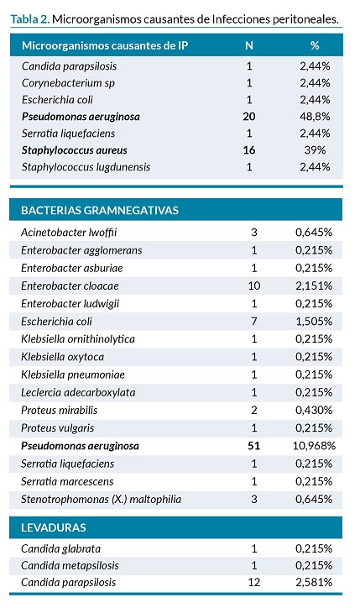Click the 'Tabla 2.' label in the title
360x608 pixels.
30,19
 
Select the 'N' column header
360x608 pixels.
249,45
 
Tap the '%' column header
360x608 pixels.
315,45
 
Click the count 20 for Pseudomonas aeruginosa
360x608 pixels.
249,117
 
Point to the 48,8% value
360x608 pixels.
315,117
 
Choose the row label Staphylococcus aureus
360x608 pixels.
75,150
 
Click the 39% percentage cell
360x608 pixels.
315,150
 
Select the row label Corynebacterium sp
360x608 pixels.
68,83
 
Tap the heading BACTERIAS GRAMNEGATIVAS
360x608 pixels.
100,210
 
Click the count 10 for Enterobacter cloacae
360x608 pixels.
254,286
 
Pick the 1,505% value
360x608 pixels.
314,322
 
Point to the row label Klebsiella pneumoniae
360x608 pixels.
73,375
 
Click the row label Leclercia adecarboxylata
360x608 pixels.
78,392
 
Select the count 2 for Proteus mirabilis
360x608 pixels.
254,411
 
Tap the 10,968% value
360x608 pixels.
314,446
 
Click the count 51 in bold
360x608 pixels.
253,446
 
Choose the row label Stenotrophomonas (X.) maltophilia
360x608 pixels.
101,500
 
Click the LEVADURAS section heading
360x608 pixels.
54,527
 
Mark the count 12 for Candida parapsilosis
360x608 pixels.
254,583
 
